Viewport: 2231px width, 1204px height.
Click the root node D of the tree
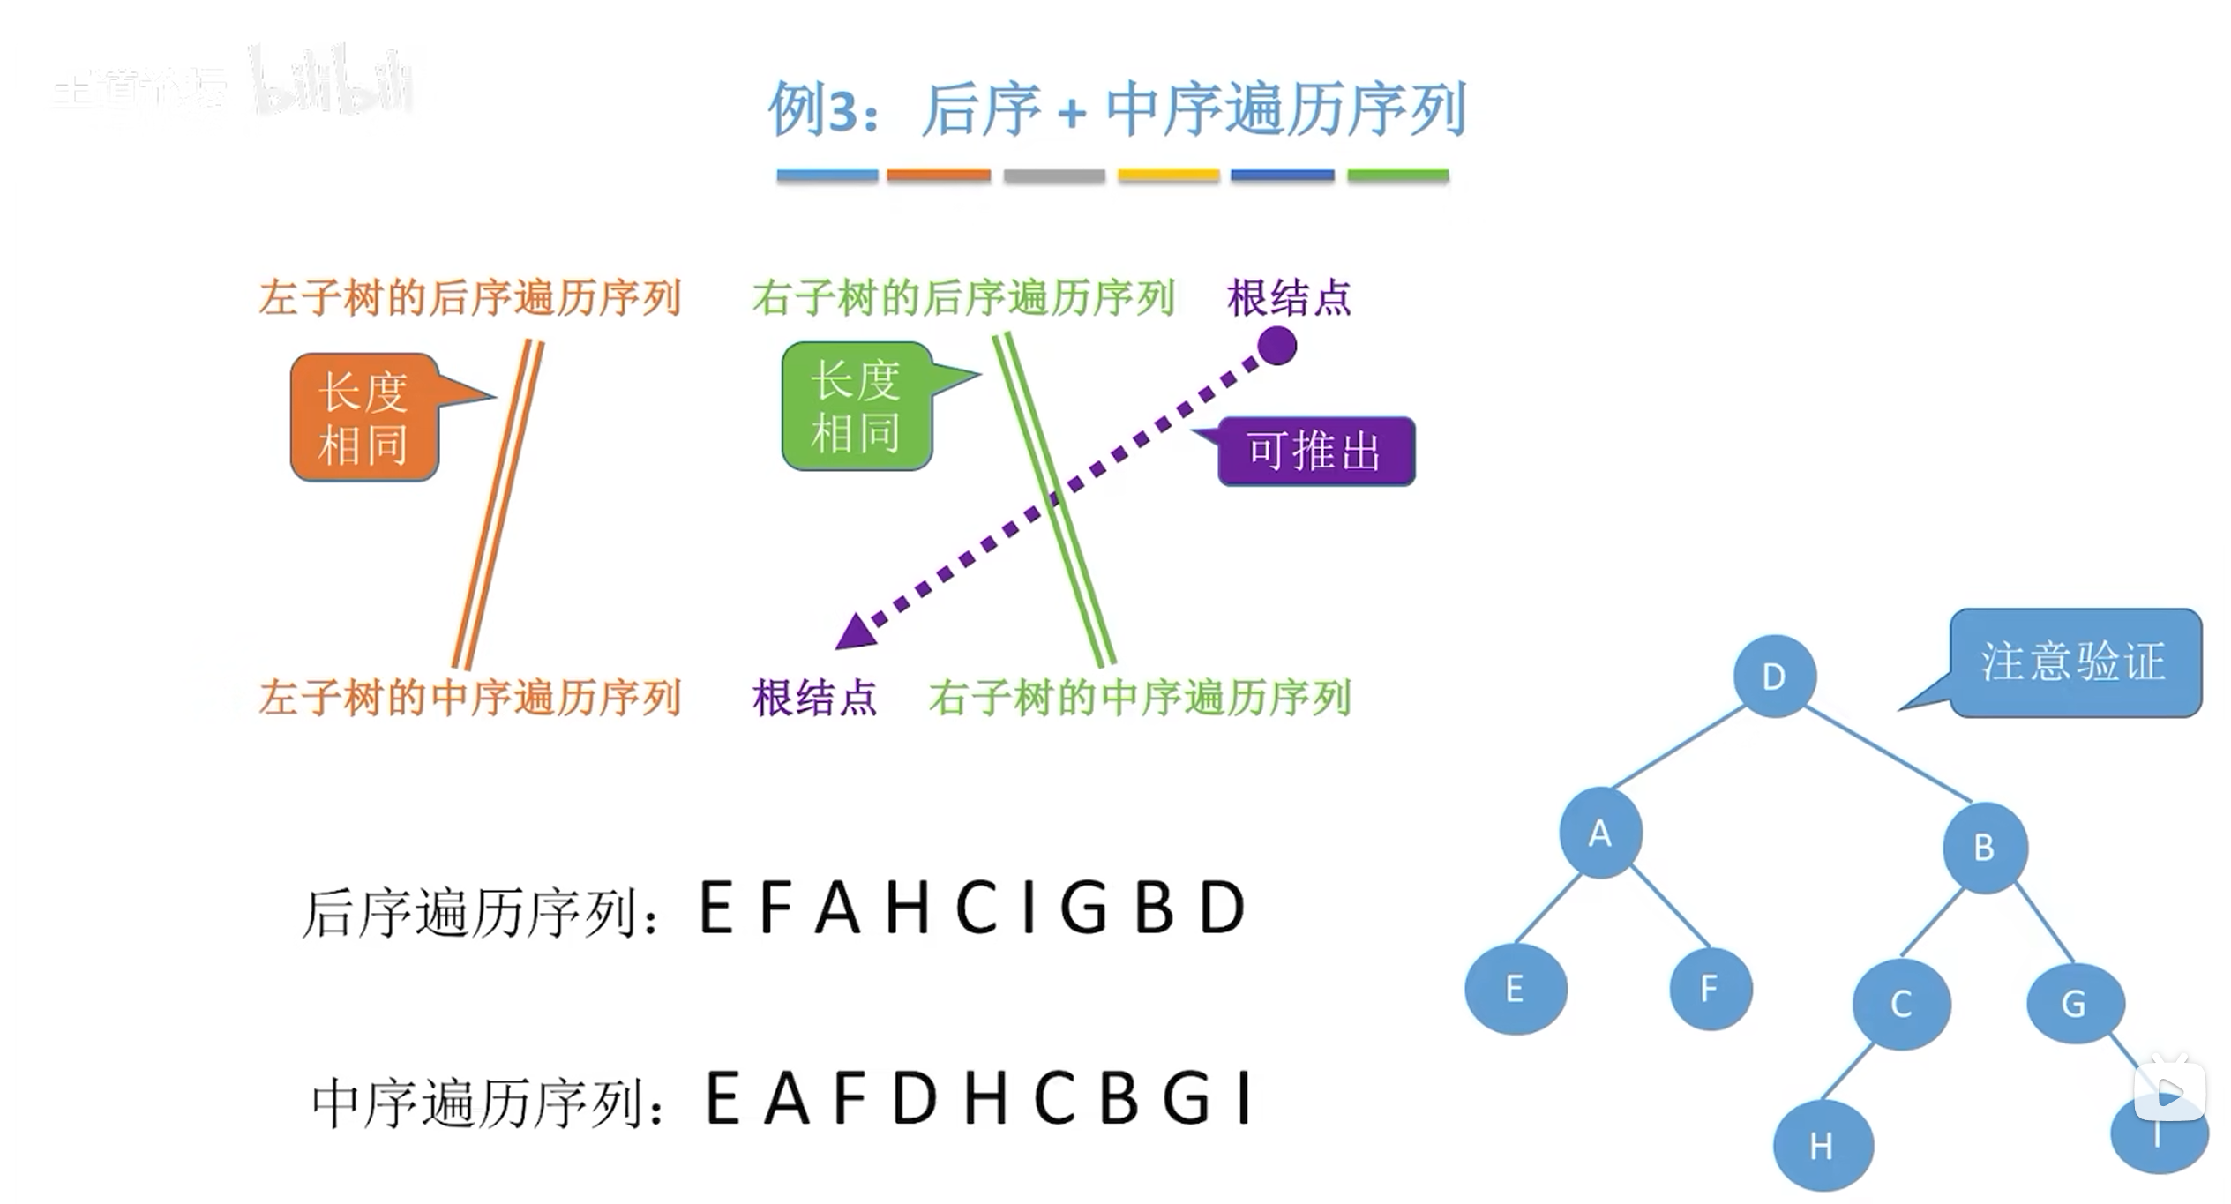point(1774,676)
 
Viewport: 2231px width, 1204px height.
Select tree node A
point(1600,833)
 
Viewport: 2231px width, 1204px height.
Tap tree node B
point(1984,848)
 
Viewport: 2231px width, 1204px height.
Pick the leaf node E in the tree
point(1516,989)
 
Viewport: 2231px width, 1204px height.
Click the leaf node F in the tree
point(1710,988)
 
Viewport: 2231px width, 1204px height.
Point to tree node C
point(1901,1004)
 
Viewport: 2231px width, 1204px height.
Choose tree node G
point(2074,1003)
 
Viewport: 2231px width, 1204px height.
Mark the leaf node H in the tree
point(1823,1145)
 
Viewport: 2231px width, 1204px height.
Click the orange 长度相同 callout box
point(364,417)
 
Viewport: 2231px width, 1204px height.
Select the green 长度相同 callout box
point(857,407)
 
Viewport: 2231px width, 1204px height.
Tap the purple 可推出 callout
point(1315,452)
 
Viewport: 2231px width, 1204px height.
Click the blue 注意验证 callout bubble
point(2074,662)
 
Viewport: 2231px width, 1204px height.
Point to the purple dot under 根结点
point(1276,345)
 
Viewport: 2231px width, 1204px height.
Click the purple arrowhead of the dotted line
point(854,632)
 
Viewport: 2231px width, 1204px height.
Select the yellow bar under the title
point(1168,176)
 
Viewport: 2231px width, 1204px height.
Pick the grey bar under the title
point(1054,176)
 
